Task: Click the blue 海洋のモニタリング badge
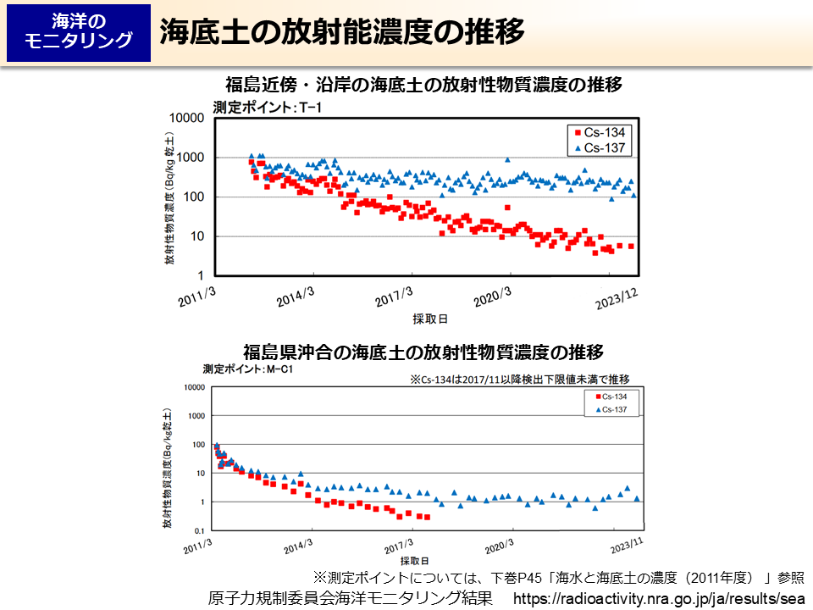(x=79, y=31)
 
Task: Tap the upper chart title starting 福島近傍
(x=423, y=85)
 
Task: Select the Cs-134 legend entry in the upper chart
(x=603, y=132)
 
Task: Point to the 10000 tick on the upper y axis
(x=189, y=118)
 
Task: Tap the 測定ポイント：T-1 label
(x=256, y=107)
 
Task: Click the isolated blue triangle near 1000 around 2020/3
(x=507, y=159)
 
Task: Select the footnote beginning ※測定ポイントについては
(x=559, y=578)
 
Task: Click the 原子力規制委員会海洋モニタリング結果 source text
(x=351, y=597)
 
